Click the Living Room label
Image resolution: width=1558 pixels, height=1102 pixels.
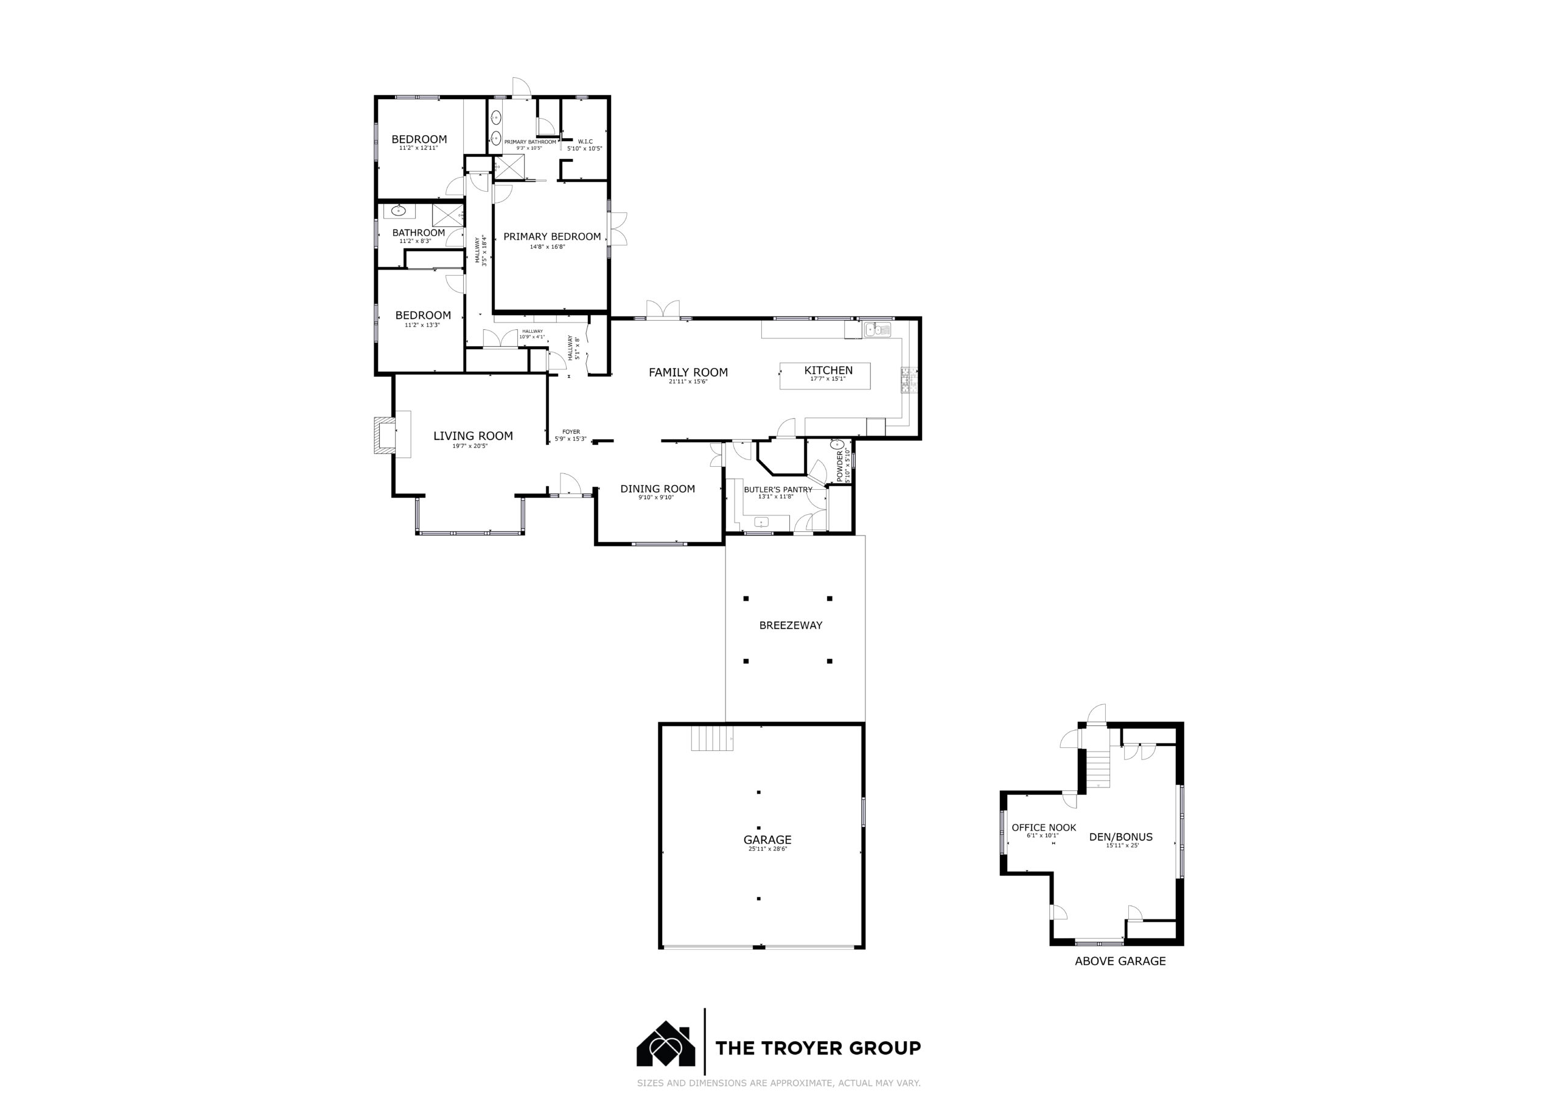[x=473, y=436]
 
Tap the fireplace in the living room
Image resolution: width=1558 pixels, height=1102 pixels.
[x=383, y=434]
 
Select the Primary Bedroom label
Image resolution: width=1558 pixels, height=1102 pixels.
[x=551, y=236]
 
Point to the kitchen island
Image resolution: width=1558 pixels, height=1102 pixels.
[x=825, y=376]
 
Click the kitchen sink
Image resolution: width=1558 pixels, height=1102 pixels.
[x=877, y=330]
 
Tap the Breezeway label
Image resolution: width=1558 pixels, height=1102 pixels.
[x=791, y=625]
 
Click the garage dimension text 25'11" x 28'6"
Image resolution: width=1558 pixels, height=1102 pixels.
[x=767, y=849]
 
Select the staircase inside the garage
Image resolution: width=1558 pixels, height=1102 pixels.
[x=713, y=738]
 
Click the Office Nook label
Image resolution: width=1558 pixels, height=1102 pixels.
[x=1044, y=827]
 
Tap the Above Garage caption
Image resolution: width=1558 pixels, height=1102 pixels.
[x=1120, y=961]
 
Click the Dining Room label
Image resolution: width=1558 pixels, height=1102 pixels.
[x=657, y=489]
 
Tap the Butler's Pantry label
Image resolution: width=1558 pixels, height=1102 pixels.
[x=778, y=489]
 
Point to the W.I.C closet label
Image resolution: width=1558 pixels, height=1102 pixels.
[x=585, y=141]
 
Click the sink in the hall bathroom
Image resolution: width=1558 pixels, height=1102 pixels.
[x=399, y=211]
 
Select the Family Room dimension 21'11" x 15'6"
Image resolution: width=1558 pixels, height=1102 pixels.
[x=688, y=382]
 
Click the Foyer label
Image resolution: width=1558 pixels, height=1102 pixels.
[x=571, y=431]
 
